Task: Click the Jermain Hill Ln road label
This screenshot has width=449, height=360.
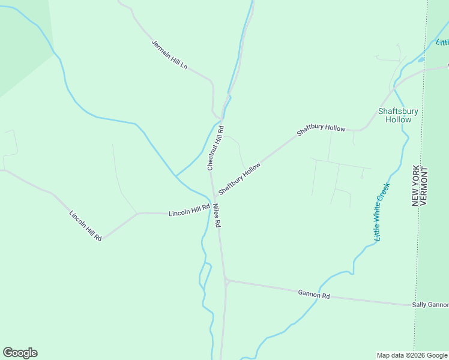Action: click(169, 55)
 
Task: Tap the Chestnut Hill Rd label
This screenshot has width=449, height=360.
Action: click(215, 148)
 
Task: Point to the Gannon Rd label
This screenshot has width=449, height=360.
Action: click(314, 295)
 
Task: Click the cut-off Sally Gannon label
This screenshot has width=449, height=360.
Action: click(430, 305)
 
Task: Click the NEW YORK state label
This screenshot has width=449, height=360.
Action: click(415, 185)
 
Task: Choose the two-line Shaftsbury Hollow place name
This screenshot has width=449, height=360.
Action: click(398, 115)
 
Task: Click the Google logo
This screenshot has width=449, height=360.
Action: click(20, 353)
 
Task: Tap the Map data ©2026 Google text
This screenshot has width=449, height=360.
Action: click(412, 355)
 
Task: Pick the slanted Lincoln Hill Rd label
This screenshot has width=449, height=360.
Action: click(85, 226)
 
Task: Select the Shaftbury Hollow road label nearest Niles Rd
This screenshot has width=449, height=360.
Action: click(240, 178)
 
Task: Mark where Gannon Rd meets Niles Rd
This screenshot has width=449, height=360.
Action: click(226, 280)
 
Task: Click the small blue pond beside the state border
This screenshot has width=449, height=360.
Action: click(421, 59)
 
